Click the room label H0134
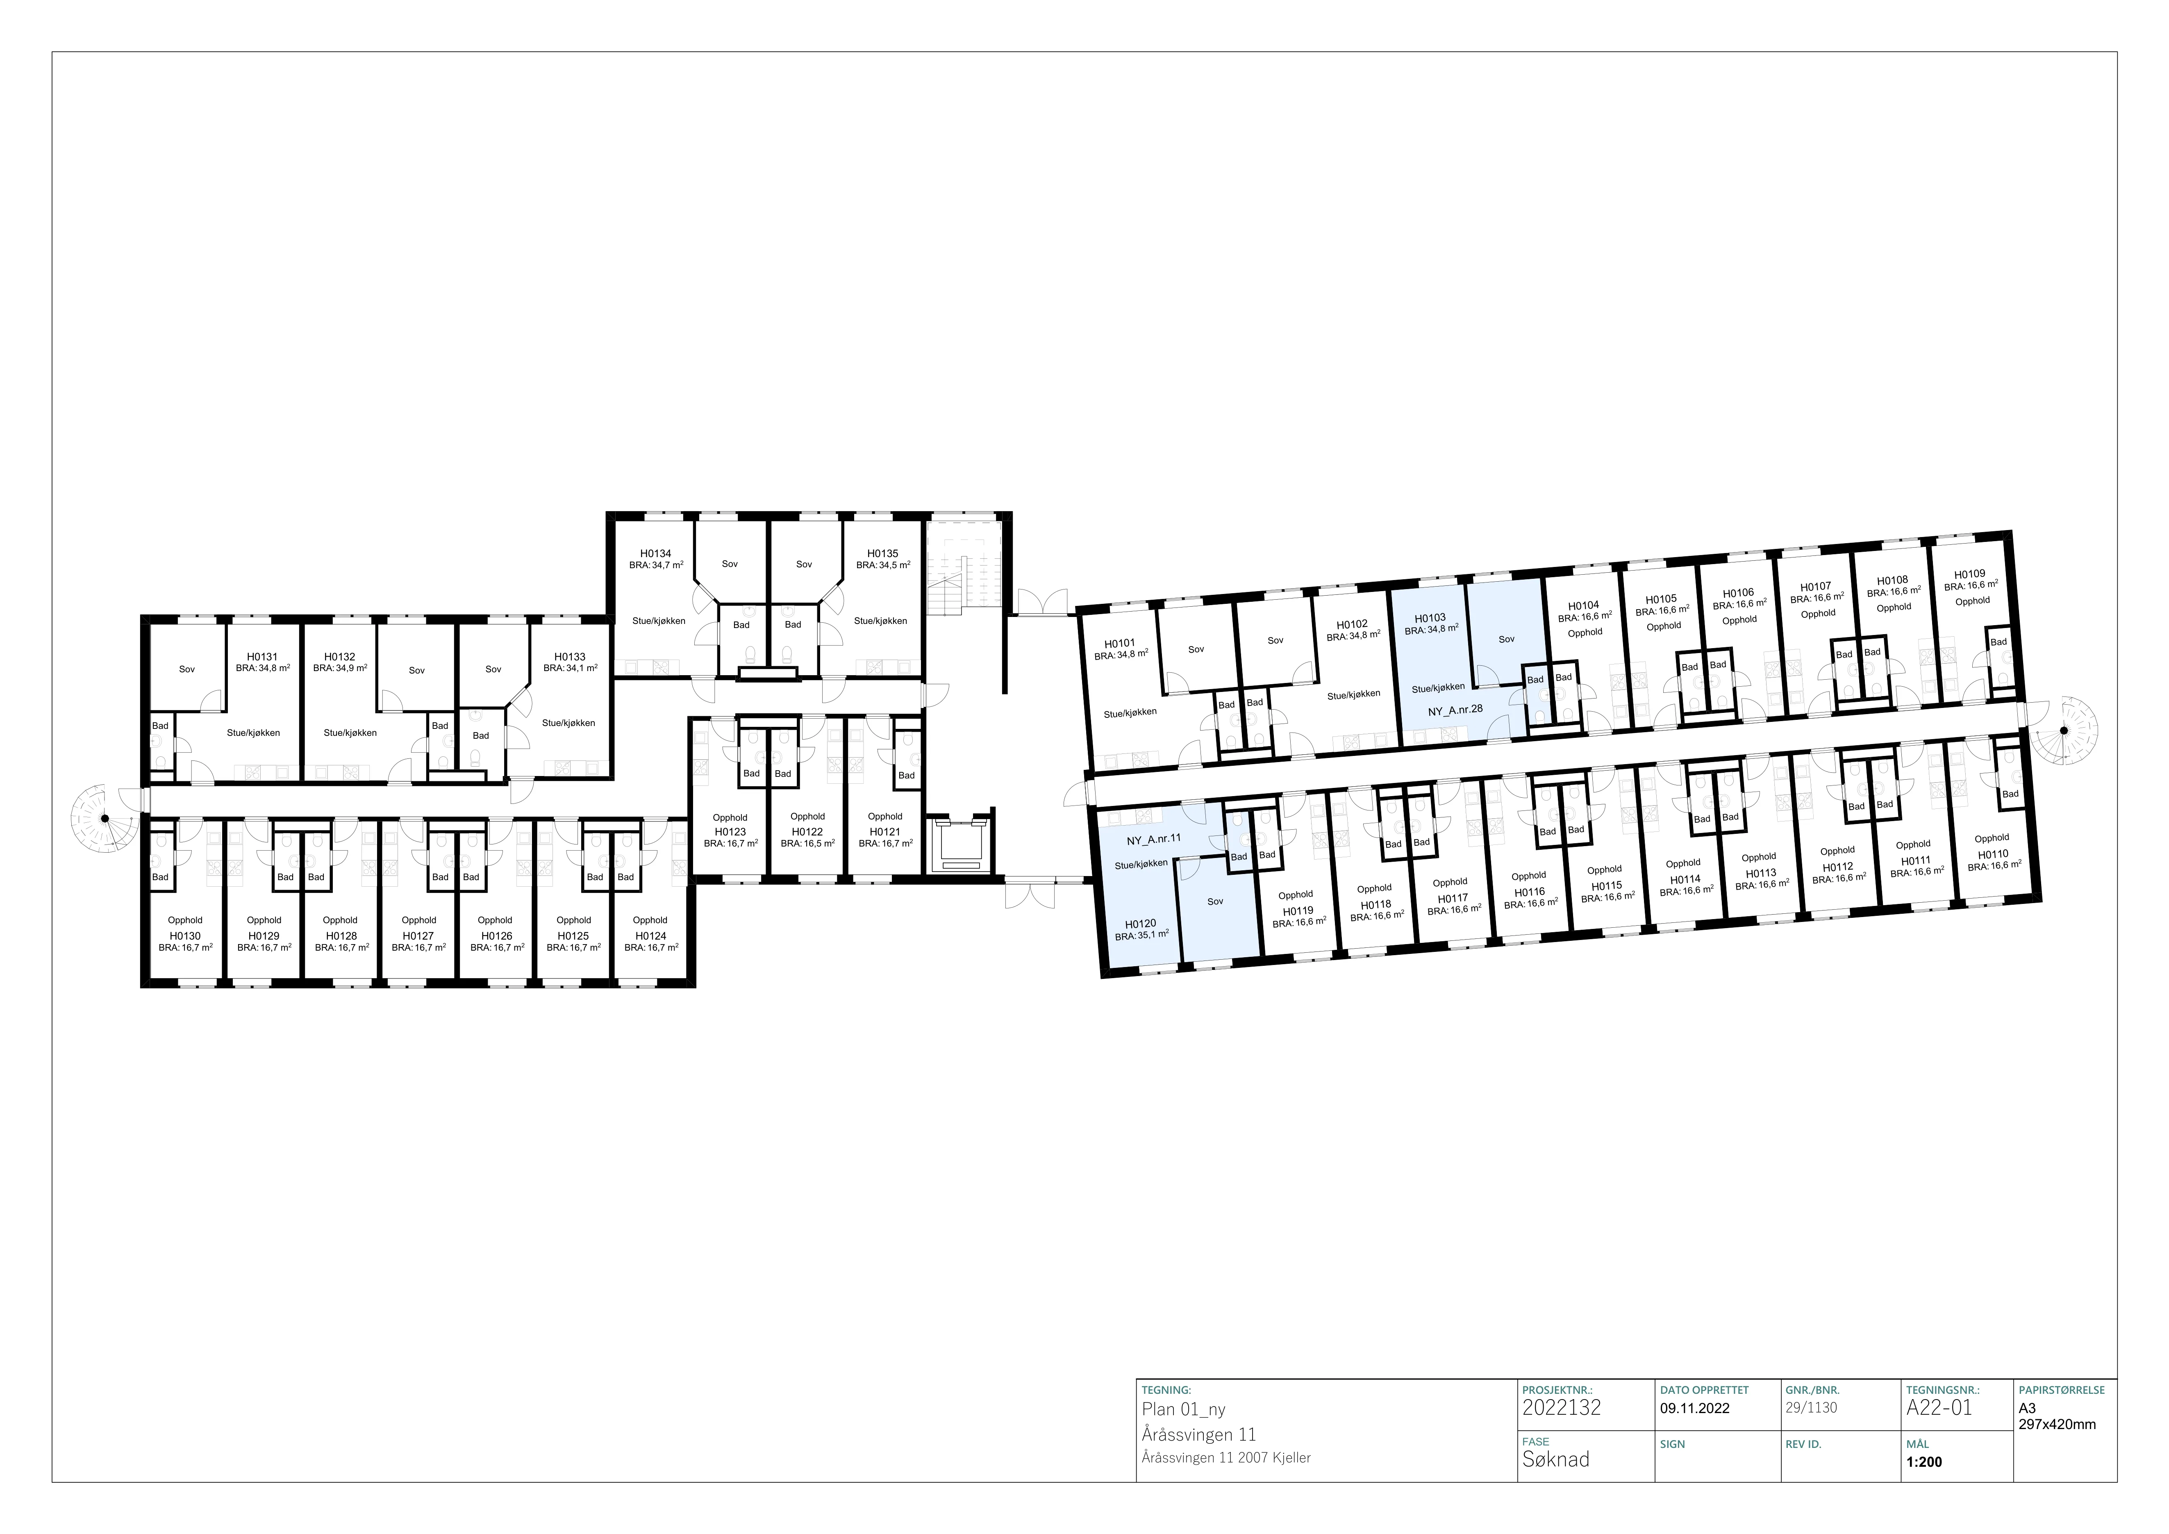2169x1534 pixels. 656,553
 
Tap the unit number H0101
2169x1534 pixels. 1119,643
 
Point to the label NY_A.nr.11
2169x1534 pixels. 1153,839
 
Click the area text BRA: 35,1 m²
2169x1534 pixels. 1142,936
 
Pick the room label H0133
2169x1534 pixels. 570,656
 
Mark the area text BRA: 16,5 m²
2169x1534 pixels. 808,844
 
